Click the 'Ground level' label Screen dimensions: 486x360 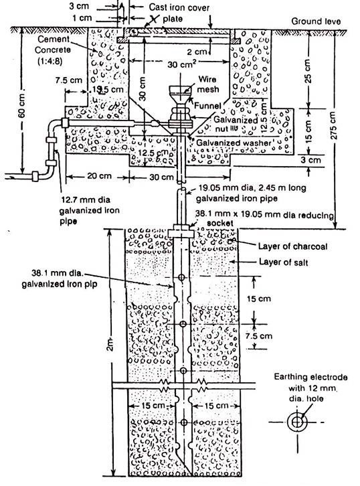tap(315, 21)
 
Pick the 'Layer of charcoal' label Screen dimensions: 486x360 tap(290, 246)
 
